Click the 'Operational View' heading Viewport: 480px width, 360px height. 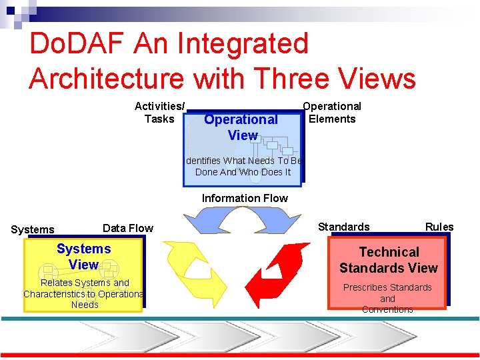point(241,127)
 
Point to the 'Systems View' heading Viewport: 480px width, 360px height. point(84,257)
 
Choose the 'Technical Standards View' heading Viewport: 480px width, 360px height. point(389,260)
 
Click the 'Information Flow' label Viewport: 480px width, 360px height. point(245,198)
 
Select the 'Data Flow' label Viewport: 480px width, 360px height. point(128,228)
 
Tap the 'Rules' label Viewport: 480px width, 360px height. point(439,227)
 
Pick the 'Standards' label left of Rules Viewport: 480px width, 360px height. point(343,227)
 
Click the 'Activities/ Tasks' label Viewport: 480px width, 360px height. point(159,113)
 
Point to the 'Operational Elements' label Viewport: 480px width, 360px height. point(332,113)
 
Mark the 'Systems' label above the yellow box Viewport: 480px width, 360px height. point(33,229)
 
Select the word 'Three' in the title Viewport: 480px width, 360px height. point(293,79)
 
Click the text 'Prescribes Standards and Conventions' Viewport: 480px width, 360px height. point(387,298)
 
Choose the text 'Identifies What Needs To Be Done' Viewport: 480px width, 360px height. point(243,166)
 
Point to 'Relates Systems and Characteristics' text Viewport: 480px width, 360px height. point(85,293)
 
